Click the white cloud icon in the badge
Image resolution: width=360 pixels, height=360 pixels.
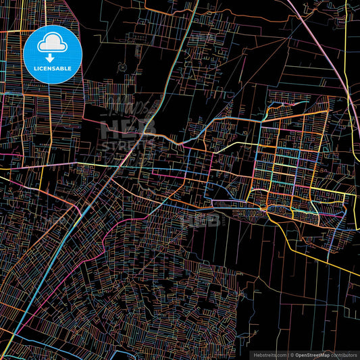click(53, 45)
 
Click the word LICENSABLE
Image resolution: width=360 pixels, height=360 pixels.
click(53, 68)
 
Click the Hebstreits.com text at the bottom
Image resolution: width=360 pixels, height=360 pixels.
click(269, 354)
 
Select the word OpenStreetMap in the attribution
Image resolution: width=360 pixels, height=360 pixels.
click(311, 354)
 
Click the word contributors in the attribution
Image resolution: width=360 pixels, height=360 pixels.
click(345, 354)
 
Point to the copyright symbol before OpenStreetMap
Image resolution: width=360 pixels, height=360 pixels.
click(292, 354)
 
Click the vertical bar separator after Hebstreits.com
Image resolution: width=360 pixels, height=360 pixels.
click(288, 354)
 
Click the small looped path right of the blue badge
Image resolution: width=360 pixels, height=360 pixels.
click(121, 66)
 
